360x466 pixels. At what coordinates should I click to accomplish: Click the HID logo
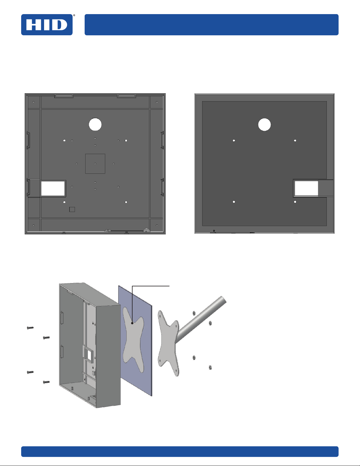47,25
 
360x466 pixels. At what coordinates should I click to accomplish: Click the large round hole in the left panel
95,124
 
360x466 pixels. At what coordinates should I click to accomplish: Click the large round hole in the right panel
264,125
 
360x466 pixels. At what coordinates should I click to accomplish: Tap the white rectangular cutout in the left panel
53,188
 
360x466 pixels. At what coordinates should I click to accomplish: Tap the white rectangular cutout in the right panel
306,188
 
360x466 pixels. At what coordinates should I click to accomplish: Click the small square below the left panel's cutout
72,209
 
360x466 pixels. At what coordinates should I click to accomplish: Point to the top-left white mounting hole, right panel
234,141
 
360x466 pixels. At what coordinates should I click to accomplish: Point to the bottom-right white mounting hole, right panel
295,202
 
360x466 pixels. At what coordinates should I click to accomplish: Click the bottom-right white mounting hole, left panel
126,202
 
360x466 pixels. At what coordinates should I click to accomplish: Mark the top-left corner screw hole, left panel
34,102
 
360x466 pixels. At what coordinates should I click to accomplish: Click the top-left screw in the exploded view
30,328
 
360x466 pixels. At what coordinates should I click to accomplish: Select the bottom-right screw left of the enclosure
46,382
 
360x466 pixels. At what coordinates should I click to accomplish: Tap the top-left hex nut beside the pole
194,313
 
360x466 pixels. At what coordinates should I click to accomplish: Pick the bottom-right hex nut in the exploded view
210,368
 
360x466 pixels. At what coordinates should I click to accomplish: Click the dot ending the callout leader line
132,323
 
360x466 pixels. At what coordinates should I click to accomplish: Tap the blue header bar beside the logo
212,25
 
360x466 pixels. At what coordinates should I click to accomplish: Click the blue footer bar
180,451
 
